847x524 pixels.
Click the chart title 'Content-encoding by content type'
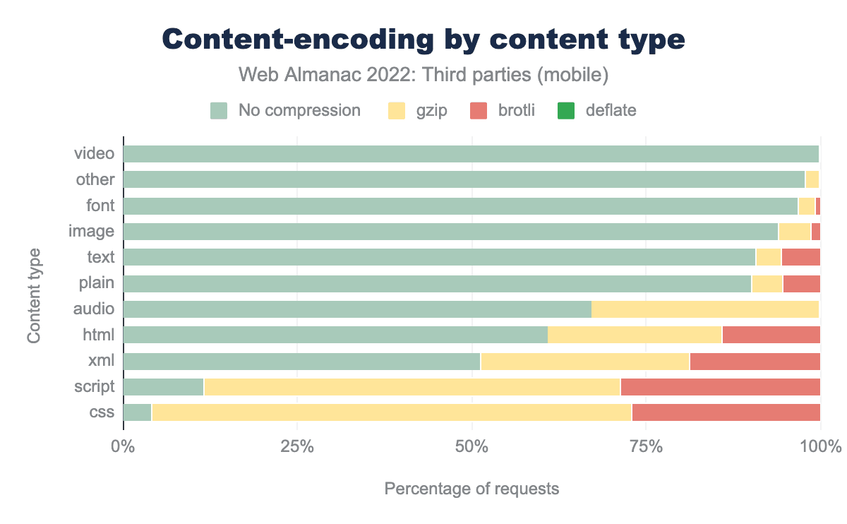tap(423, 40)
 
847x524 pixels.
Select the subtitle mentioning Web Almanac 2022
tap(423, 74)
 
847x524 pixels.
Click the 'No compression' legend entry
tap(286, 110)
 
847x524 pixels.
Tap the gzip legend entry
tap(418, 110)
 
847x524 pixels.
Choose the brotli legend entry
tap(502, 110)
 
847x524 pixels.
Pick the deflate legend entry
tap(598, 110)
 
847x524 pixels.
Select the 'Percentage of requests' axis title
tap(471, 489)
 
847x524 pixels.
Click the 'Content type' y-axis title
tap(34, 296)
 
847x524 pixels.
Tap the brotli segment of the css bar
tap(726, 412)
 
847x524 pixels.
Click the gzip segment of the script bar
tap(412, 387)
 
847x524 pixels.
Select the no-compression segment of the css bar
tap(138, 412)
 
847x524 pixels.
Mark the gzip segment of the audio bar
tap(705, 309)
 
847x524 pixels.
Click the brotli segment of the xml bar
tap(755, 361)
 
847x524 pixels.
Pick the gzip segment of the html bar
tap(635, 335)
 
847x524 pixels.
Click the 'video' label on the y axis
tap(95, 154)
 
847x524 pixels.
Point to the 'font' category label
tap(99, 206)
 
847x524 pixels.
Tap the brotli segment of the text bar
tap(800, 257)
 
